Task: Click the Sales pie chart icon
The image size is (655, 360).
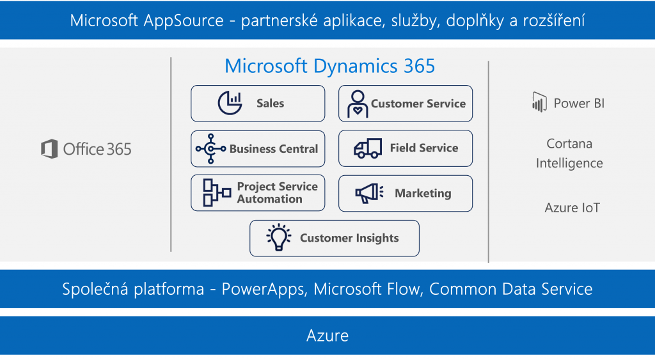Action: [230, 103]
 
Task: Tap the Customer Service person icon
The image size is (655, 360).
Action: [358, 104]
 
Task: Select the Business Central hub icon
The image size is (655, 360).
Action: [210, 149]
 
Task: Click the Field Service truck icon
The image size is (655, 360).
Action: [368, 148]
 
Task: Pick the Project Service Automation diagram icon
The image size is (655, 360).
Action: [217, 192]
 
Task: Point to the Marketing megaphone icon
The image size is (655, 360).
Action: [369, 193]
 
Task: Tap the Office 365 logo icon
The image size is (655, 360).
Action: [49, 149]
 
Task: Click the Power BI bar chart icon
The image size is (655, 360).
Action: [539, 102]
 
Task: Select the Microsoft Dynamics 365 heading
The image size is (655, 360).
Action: [329, 66]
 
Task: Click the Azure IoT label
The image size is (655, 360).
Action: [572, 208]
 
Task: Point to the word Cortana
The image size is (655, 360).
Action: [569, 144]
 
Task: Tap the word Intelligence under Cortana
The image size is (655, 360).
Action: [569, 163]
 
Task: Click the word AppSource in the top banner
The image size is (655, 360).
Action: [184, 21]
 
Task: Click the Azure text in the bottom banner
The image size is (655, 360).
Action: [327, 336]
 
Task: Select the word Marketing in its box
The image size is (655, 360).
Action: [423, 193]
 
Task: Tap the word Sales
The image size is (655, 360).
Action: [271, 103]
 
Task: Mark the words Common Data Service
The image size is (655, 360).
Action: [511, 289]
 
